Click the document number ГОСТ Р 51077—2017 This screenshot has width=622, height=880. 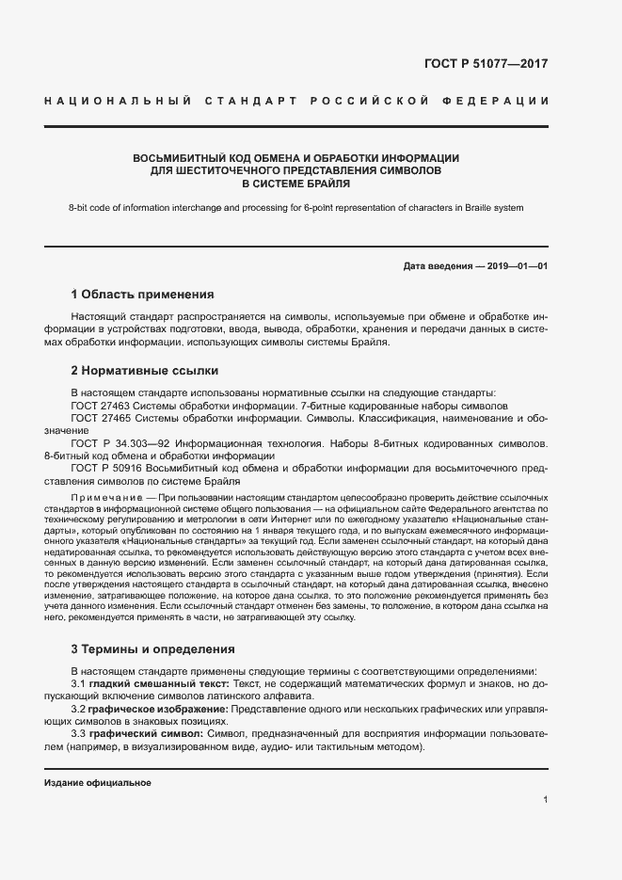(x=486, y=64)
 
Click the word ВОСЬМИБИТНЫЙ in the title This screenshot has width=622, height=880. (x=176, y=157)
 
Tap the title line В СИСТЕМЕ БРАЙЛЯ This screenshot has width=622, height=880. (x=296, y=184)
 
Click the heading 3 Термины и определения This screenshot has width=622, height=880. (x=154, y=649)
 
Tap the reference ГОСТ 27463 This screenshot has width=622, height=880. (x=102, y=406)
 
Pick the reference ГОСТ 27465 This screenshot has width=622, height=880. (x=102, y=418)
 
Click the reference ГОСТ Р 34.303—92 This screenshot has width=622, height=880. (x=119, y=442)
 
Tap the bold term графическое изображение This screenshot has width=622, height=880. (x=155, y=707)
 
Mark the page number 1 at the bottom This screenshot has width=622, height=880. (x=545, y=800)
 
